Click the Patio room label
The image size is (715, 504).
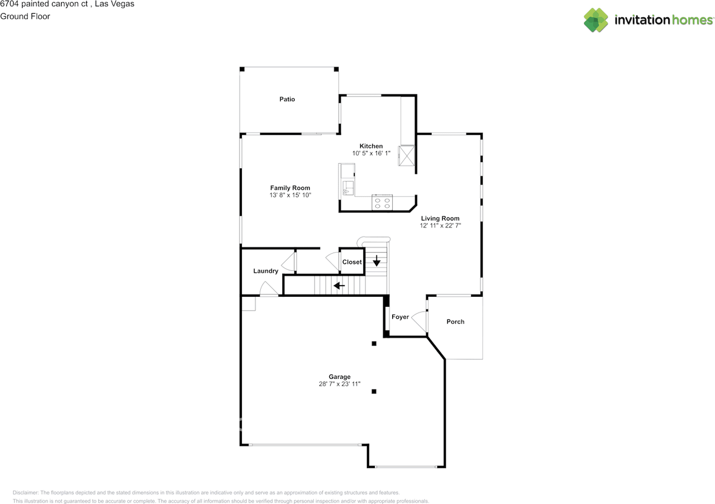pyautogui.click(x=287, y=99)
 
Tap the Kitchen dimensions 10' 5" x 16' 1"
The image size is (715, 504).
pyautogui.click(x=371, y=153)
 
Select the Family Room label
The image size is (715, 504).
pyautogui.click(x=290, y=188)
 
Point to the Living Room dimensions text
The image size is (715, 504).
pyautogui.click(x=440, y=226)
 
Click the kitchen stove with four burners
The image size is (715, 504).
pyautogui.click(x=382, y=203)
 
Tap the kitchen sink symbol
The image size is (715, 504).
pyautogui.click(x=348, y=188)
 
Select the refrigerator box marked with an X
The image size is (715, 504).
pyautogui.click(x=407, y=155)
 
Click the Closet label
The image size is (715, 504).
pyautogui.click(x=352, y=262)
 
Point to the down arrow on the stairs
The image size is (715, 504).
pyautogui.click(x=376, y=260)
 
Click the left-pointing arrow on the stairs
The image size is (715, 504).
pyautogui.click(x=339, y=285)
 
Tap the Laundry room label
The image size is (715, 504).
pyautogui.click(x=265, y=271)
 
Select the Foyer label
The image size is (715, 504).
pyautogui.click(x=400, y=317)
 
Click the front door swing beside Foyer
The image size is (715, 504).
pyautogui.click(x=419, y=321)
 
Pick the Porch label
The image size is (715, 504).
pyautogui.click(x=455, y=322)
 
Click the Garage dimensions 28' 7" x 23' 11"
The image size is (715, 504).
pyautogui.click(x=339, y=384)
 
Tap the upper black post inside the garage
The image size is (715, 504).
pyautogui.click(x=374, y=344)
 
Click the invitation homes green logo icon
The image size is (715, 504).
pyautogui.click(x=595, y=20)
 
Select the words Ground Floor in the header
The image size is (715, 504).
pyautogui.click(x=25, y=16)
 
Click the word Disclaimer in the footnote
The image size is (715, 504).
pyautogui.click(x=25, y=492)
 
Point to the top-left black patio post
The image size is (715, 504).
pyautogui.click(x=242, y=69)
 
